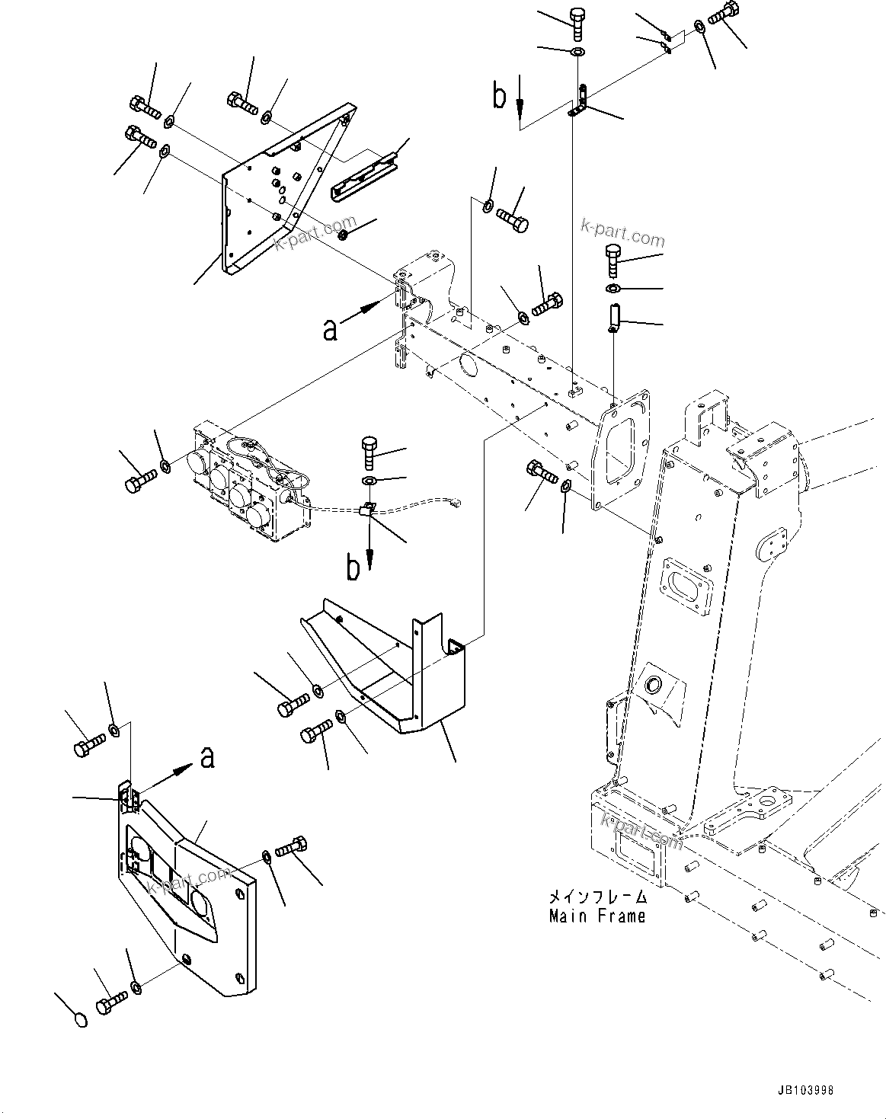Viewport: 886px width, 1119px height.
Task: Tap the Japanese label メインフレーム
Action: click(597, 897)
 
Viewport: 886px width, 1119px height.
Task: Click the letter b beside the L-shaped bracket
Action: click(499, 97)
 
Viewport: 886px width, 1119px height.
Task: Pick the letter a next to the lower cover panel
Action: click(206, 758)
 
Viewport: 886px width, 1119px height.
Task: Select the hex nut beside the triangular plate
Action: click(344, 233)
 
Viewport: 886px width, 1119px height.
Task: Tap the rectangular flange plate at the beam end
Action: click(621, 449)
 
